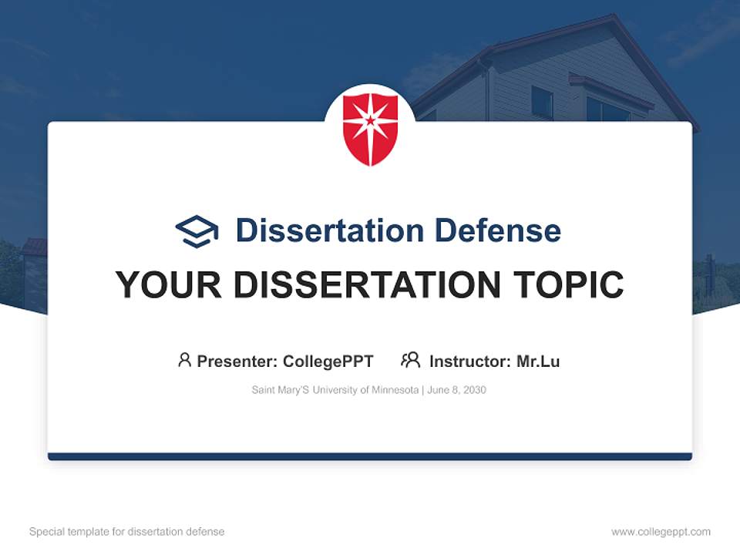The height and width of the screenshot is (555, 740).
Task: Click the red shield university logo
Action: (370, 129)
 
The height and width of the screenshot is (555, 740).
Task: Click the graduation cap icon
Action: (197, 230)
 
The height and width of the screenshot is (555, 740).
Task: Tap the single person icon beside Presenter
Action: (184, 360)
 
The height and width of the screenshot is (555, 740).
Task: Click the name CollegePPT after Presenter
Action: (328, 361)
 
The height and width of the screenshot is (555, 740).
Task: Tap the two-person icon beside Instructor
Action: (410, 360)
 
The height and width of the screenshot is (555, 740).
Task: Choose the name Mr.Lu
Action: (538, 361)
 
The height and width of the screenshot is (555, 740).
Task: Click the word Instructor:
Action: (469, 361)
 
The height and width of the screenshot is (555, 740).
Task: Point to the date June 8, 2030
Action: (457, 390)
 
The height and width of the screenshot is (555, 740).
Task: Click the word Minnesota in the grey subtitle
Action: (395, 390)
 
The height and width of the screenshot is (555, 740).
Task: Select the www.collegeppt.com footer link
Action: (661, 532)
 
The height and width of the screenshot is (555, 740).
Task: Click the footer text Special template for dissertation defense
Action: (127, 532)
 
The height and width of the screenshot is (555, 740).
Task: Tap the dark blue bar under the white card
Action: (370, 456)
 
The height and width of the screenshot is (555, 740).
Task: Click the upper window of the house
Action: (542, 102)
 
